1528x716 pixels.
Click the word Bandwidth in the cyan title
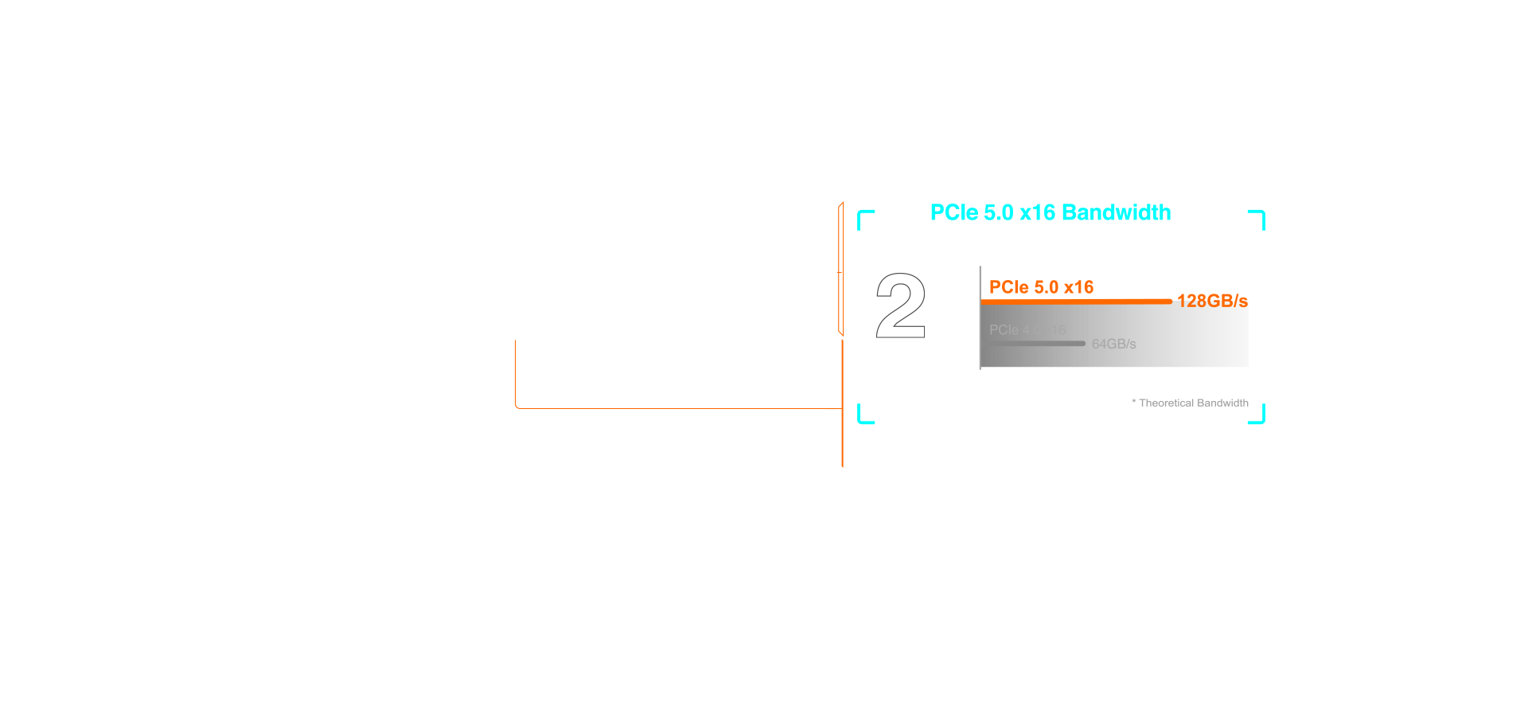(x=1116, y=213)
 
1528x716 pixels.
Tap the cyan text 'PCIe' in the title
(x=954, y=213)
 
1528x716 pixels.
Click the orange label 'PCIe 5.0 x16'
(x=1041, y=287)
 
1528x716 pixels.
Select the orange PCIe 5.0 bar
(x=1074, y=302)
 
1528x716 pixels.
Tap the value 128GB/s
(x=1212, y=301)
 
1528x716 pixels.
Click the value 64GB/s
(x=1113, y=344)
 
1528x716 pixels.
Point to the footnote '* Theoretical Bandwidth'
(x=1191, y=403)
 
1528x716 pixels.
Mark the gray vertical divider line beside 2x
(x=980, y=318)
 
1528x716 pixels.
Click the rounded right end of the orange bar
(x=1169, y=302)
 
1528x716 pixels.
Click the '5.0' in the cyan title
(x=998, y=213)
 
